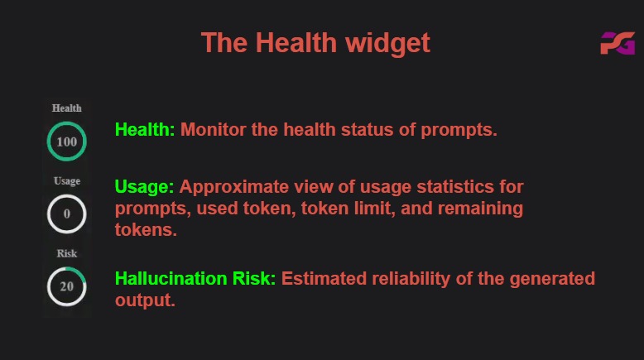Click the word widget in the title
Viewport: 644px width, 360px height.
point(387,44)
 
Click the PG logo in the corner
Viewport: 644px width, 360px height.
point(618,43)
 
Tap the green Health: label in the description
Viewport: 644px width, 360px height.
point(145,129)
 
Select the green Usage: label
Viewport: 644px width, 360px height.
point(145,188)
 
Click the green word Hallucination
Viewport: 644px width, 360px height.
point(171,278)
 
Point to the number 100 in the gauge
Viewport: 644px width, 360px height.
point(66,142)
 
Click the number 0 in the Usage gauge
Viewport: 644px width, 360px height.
point(66,214)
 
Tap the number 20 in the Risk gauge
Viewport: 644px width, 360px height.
point(66,286)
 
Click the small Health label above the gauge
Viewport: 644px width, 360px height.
point(66,108)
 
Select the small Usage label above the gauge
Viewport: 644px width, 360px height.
point(67,181)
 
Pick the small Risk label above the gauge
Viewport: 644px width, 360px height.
point(67,253)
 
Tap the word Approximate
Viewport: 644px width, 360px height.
point(234,188)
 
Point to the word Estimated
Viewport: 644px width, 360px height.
point(324,278)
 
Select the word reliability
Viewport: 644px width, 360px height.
point(411,279)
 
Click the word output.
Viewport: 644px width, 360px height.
point(145,300)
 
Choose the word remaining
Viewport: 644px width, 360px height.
point(480,209)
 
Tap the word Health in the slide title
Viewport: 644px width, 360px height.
point(296,43)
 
